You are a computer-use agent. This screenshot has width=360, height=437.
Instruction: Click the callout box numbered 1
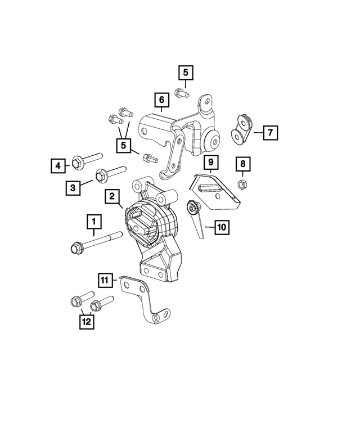click(94, 222)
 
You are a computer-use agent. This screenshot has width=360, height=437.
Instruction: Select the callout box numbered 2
click(112, 196)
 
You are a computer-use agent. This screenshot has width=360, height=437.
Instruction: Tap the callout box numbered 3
click(73, 188)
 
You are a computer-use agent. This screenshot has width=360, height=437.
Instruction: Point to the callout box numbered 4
click(58, 166)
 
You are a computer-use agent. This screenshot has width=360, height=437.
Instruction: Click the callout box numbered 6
click(162, 100)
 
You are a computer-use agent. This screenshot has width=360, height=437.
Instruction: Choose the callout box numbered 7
click(270, 133)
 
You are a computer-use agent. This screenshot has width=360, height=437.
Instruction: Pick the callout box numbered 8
click(243, 164)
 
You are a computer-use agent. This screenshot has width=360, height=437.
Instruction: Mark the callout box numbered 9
click(211, 162)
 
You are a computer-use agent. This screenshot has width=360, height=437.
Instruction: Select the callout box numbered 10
click(222, 227)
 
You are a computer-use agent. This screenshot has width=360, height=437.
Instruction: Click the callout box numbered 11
click(105, 280)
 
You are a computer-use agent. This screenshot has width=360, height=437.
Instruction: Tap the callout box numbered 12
click(87, 322)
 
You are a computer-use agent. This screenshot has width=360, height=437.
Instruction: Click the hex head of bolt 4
click(77, 162)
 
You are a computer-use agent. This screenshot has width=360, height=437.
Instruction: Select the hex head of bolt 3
click(101, 175)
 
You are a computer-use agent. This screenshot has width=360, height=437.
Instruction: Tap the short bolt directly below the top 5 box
click(182, 93)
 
